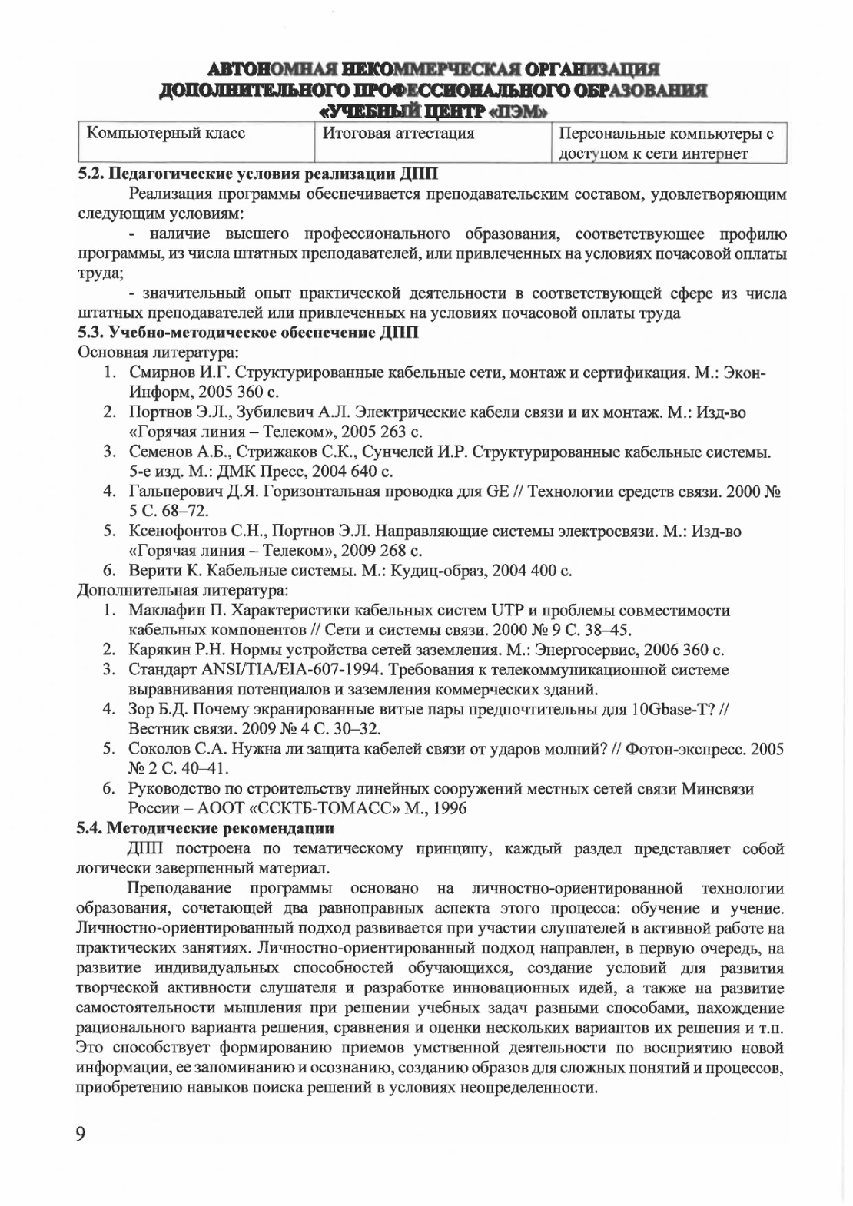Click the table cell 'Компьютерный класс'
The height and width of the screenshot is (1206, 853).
point(166,134)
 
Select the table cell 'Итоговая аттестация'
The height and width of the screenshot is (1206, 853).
point(397,134)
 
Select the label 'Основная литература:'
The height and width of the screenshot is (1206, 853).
point(158,353)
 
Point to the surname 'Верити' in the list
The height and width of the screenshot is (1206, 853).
point(151,571)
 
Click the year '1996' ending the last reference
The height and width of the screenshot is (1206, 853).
point(450,808)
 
